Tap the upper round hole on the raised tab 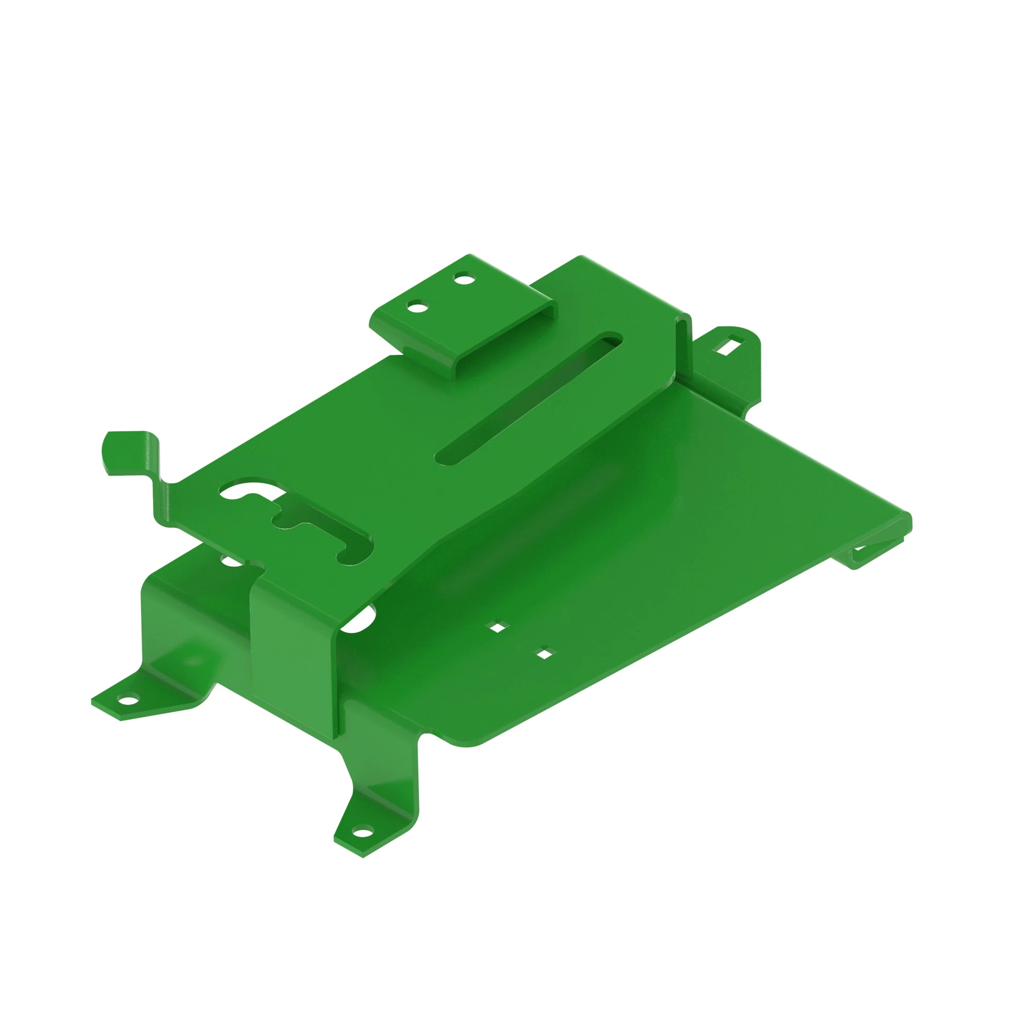point(464,278)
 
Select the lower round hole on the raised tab point(417,307)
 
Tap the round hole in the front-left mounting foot point(128,698)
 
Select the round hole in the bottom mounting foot point(363,832)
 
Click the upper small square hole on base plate point(498,627)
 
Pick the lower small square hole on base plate point(545,653)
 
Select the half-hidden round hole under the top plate point(231,561)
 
